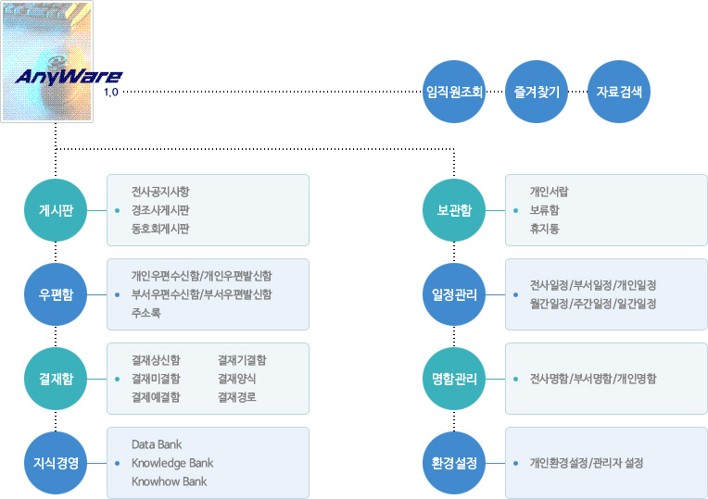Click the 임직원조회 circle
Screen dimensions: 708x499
click(454, 92)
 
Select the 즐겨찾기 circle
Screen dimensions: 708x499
click(537, 92)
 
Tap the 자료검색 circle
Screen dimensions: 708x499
click(619, 92)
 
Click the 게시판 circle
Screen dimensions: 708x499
click(56, 210)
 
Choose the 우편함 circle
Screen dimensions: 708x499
click(56, 294)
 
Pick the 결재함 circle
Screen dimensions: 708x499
click(56, 379)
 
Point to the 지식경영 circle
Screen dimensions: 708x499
click(56, 463)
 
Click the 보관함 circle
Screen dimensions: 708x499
click(454, 210)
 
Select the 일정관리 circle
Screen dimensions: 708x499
click(454, 294)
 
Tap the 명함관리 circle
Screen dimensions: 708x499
click(454, 379)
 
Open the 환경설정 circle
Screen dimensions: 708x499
click(454, 463)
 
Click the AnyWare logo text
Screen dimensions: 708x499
click(69, 77)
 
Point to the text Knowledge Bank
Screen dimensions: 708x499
click(172, 463)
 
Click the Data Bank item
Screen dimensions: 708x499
click(157, 444)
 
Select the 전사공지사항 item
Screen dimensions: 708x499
click(160, 192)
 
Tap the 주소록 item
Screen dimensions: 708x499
click(145, 313)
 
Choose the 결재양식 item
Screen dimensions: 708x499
click(237, 379)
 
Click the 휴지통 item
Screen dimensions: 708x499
click(545, 229)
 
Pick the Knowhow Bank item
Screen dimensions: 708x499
click(170, 481)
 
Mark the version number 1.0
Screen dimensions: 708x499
click(111, 92)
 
